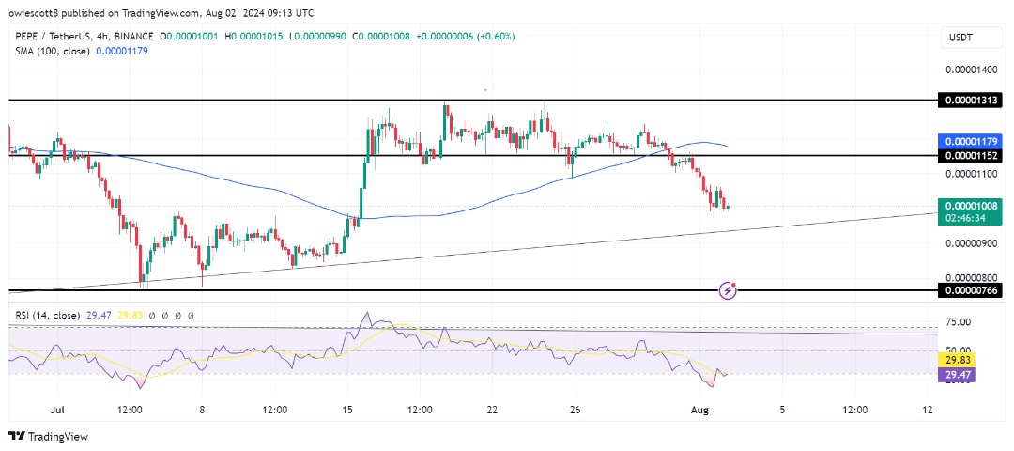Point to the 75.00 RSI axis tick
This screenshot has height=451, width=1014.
coord(958,322)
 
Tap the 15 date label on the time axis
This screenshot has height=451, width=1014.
coord(346,411)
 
